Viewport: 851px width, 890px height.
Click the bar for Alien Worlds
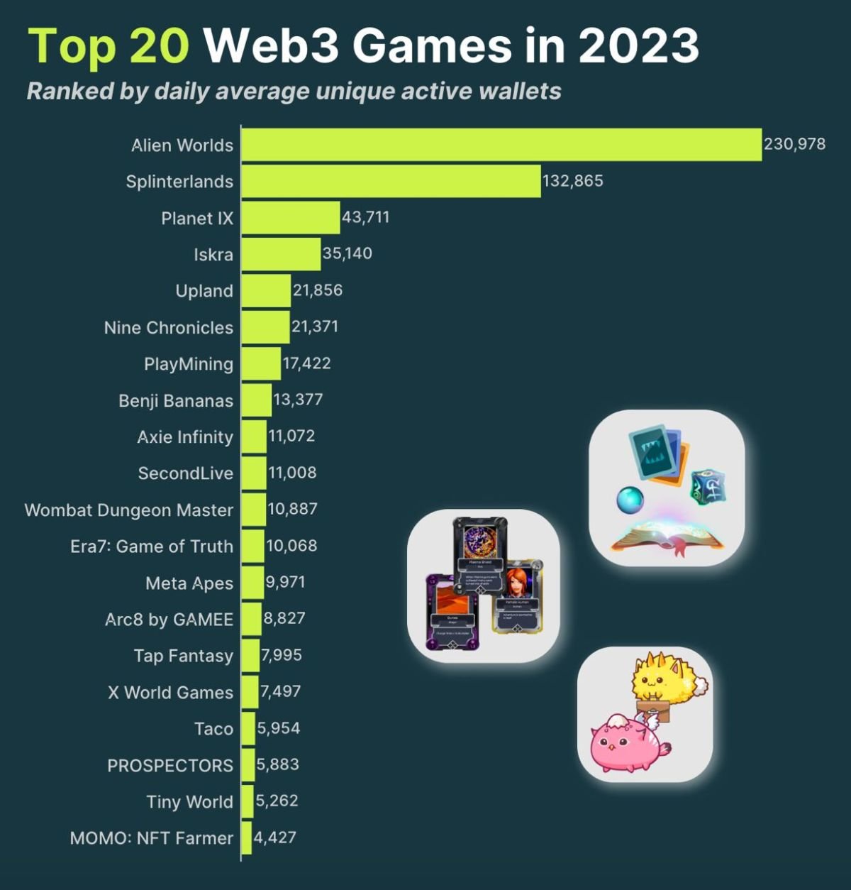(x=501, y=145)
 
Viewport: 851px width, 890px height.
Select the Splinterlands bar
(x=391, y=181)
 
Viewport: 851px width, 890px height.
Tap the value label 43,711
(x=365, y=216)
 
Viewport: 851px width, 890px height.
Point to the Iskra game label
(x=213, y=255)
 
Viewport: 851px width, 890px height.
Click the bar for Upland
(x=266, y=291)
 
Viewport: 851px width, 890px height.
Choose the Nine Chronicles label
(x=168, y=328)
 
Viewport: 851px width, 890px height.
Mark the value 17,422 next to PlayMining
(x=306, y=363)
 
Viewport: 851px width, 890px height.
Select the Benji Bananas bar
(x=256, y=400)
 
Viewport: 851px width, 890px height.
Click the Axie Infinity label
(x=184, y=437)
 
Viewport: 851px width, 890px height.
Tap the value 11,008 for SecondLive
(x=292, y=473)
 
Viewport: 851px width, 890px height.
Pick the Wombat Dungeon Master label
(x=128, y=510)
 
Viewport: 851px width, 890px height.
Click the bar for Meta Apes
(x=252, y=583)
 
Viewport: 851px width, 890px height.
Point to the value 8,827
(x=284, y=618)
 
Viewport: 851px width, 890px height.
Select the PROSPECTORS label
(x=169, y=766)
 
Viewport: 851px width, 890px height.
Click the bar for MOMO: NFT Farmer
(x=247, y=838)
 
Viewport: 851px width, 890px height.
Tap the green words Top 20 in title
(x=109, y=45)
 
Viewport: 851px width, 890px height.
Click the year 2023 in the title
(x=638, y=45)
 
